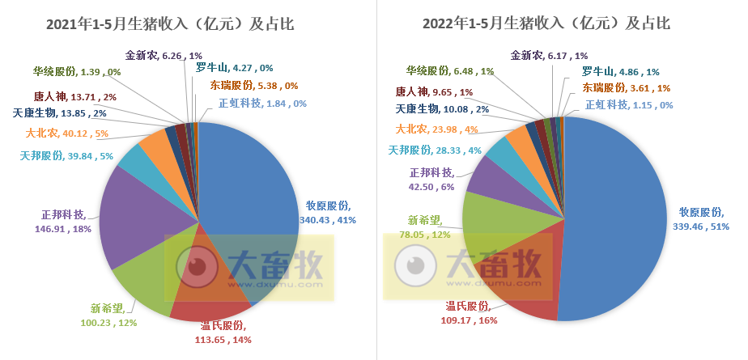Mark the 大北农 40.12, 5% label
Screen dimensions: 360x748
tap(67, 133)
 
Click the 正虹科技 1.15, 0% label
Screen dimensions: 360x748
tap(629, 104)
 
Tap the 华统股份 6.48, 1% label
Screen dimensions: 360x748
tap(449, 71)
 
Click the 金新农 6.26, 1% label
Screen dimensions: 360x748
tap(164, 56)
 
